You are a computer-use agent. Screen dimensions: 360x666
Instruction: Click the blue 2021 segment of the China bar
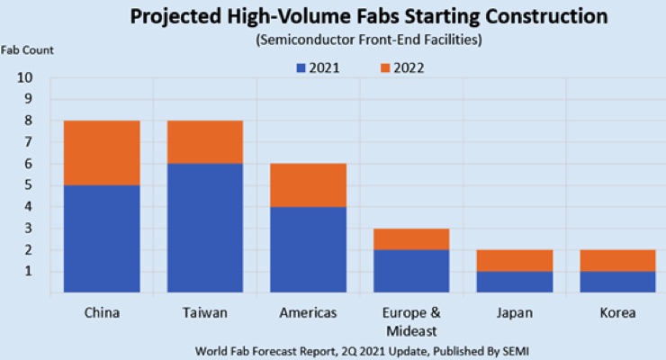pos(101,238)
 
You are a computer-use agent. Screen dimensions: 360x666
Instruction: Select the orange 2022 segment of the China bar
pos(101,152)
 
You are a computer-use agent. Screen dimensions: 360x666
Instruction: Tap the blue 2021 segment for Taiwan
pos(204,227)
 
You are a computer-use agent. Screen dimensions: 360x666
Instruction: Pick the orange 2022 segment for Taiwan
pos(204,141)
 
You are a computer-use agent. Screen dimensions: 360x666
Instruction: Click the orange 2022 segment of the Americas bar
pos(308,184)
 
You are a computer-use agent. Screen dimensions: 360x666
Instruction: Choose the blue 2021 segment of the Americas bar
pos(308,248)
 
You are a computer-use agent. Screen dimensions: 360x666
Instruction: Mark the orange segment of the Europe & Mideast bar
pos(410,238)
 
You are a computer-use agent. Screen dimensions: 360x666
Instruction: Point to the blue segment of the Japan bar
pos(514,281)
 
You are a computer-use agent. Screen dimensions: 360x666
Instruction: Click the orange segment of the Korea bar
pos(616,260)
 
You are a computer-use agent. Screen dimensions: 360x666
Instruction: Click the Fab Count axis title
pos(27,50)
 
